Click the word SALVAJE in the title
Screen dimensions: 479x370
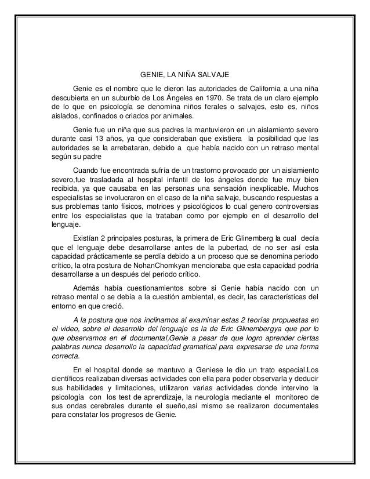point(215,75)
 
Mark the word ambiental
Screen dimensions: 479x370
point(184,297)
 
